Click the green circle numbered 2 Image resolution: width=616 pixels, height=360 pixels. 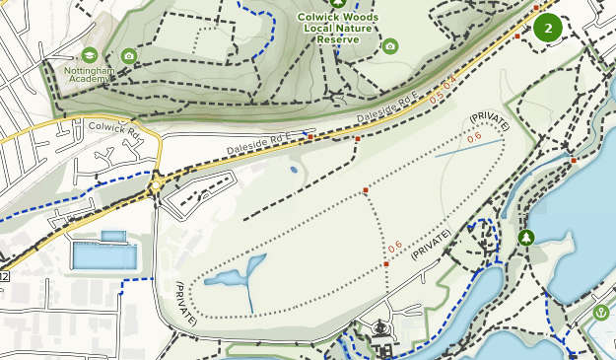(x=548, y=28)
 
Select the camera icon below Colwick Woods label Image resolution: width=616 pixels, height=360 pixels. (x=390, y=46)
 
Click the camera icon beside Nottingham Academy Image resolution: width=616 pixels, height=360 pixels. (x=129, y=55)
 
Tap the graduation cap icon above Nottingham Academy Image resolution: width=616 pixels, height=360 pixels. (x=90, y=54)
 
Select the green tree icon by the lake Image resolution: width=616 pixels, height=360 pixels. (x=525, y=238)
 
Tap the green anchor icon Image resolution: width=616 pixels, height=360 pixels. (x=601, y=314)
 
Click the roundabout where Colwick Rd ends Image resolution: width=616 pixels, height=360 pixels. (x=155, y=184)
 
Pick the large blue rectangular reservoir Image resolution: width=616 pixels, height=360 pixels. (x=104, y=255)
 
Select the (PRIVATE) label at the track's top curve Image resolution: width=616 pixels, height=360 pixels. (x=488, y=123)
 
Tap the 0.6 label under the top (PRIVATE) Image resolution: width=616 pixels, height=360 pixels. (x=474, y=138)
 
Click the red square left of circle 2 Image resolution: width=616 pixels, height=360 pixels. (x=517, y=36)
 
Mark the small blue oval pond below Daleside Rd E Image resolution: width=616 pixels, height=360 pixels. (x=294, y=169)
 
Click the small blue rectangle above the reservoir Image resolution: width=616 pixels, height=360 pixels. (x=114, y=236)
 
